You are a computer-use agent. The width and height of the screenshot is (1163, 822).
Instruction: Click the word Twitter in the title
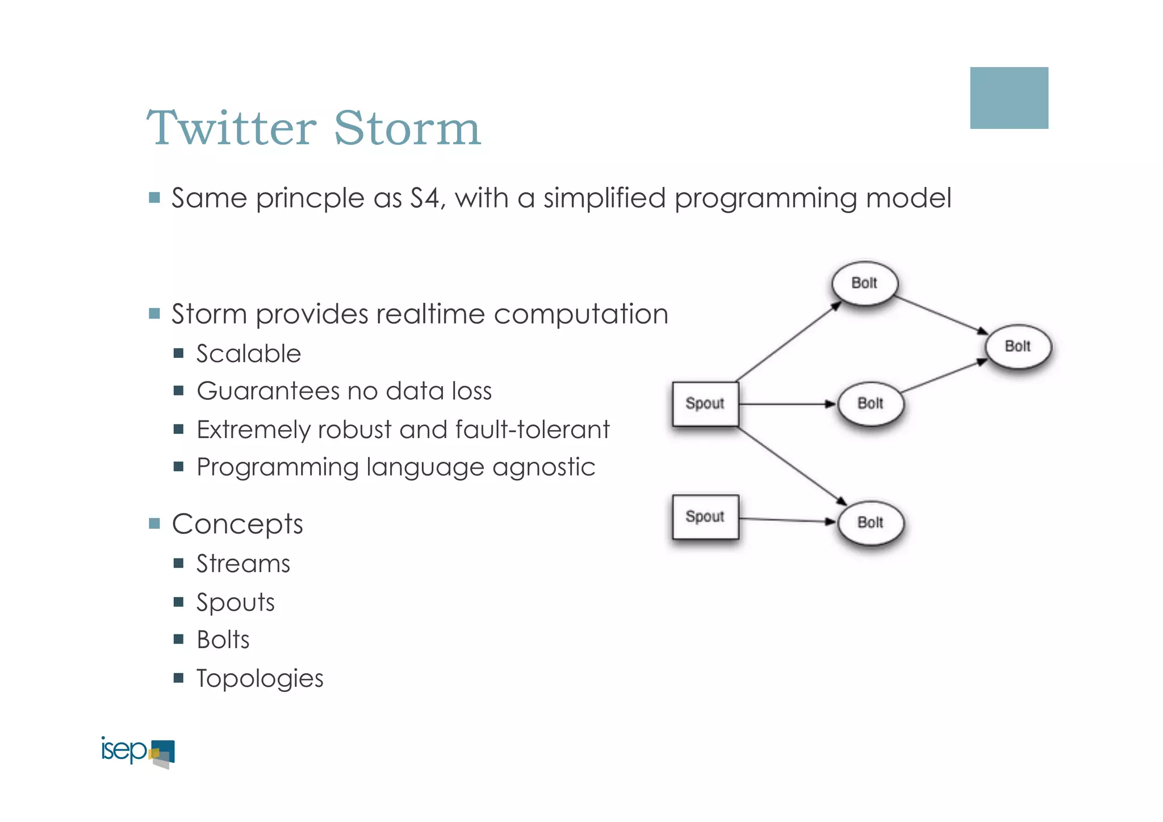[x=232, y=128]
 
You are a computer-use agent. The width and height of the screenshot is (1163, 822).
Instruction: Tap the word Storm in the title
[x=407, y=128]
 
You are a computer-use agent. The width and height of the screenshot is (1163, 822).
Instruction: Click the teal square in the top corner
[x=1009, y=98]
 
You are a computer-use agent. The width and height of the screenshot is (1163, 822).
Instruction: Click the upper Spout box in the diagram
[x=705, y=404]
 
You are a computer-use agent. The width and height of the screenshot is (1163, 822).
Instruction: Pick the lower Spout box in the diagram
[x=705, y=517]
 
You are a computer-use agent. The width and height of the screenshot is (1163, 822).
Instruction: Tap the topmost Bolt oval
[x=864, y=283]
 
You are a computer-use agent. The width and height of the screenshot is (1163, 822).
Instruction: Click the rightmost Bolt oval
[x=1018, y=347]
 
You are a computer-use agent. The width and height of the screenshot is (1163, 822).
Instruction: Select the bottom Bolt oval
[x=871, y=523]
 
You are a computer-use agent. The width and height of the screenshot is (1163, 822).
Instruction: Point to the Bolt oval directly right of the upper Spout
[x=870, y=404]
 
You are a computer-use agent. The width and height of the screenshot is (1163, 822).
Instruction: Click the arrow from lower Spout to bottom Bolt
[x=787, y=520]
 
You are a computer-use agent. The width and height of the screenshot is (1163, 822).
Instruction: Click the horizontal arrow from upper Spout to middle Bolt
[x=787, y=404]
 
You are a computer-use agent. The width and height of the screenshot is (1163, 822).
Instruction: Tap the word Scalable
[x=248, y=354]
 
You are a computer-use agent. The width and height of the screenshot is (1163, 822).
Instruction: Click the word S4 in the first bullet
[x=424, y=198]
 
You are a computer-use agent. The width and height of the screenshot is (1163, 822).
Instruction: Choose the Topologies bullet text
[x=260, y=678]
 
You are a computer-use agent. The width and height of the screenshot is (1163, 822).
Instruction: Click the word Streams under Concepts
[x=243, y=564]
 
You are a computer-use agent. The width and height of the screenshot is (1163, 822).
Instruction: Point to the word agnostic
[x=543, y=468]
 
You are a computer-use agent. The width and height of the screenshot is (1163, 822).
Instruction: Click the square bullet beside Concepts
[x=154, y=523]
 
